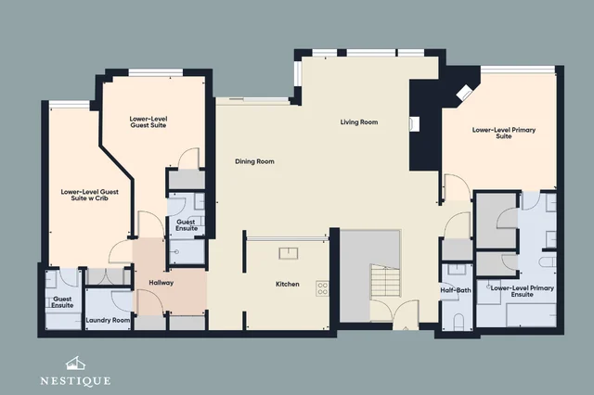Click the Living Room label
pos(359,122)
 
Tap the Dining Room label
pos(254,161)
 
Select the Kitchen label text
pos(288,284)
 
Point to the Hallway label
pos(161,283)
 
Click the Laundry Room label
pos(108,320)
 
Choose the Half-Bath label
pos(456,290)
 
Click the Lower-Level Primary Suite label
pos(504,133)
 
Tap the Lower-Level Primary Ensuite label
pos(522,291)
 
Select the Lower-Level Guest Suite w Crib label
pos(90,195)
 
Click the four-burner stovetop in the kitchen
pos(323,288)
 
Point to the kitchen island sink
pos(289,253)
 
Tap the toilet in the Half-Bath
pos(458,321)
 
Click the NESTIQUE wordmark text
pos(75,380)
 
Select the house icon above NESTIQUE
pos(75,363)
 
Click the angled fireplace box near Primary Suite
pos(464,93)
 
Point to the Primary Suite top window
pos(518,70)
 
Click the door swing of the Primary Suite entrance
pos(457,187)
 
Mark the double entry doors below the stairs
pos(394,312)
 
